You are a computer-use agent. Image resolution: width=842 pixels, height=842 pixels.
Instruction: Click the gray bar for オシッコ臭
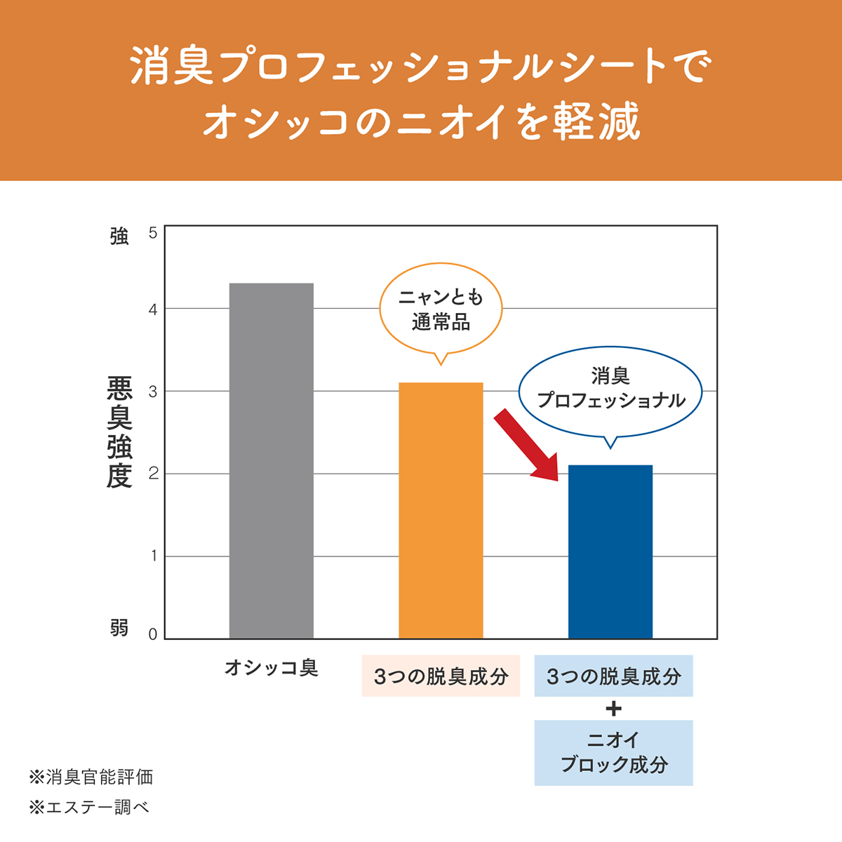(x=272, y=460)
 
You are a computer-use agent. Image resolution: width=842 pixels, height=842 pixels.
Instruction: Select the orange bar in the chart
(x=441, y=510)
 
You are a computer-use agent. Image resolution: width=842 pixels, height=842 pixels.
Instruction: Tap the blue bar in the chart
(x=610, y=552)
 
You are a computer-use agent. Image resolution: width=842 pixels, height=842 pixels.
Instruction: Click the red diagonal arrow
(x=526, y=446)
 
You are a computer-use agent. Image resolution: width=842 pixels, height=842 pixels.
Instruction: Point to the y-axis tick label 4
(x=153, y=309)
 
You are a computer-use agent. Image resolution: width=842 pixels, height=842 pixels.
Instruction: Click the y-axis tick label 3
(x=153, y=392)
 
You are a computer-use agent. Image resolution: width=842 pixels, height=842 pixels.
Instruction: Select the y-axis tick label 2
(x=153, y=474)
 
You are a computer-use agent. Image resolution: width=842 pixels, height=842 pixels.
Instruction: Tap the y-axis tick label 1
(x=153, y=556)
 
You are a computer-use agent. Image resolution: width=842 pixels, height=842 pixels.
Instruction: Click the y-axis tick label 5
(x=153, y=232)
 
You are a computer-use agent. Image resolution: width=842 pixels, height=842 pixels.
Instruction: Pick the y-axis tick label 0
(x=153, y=634)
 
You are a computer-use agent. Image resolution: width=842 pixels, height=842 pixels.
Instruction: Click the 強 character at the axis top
(x=119, y=236)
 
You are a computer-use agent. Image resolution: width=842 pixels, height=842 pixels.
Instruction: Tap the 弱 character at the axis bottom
(x=119, y=627)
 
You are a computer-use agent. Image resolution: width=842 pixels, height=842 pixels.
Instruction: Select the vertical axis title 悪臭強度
(x=119, y=432)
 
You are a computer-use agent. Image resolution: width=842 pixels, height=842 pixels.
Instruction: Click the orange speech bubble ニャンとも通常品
(x=441, y=309)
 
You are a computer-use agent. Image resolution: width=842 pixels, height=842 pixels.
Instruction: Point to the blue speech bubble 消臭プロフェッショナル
(x=610, y=389)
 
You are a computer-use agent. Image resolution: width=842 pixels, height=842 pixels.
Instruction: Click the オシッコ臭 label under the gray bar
(x=272, y=668)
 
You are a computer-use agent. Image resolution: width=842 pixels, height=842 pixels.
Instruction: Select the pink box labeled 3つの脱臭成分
(x=441, y=676)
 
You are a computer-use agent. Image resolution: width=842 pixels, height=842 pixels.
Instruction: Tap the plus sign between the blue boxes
(x=614, y=709)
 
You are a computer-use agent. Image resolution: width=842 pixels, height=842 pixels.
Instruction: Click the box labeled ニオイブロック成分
(x=614, y=752)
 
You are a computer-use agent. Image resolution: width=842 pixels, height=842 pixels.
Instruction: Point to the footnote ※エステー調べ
(x=89, y=808)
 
